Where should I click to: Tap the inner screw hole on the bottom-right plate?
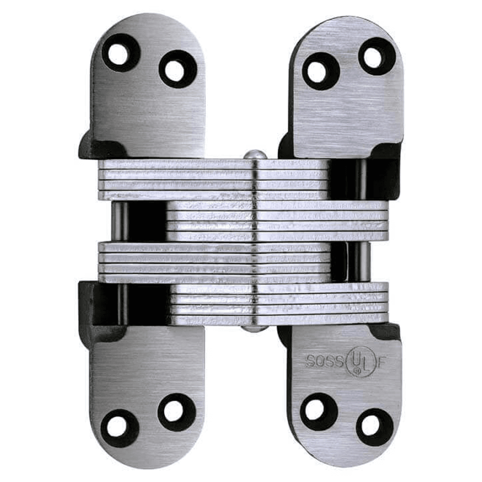316,410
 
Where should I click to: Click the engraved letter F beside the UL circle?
381,362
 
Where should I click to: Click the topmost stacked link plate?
212,164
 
